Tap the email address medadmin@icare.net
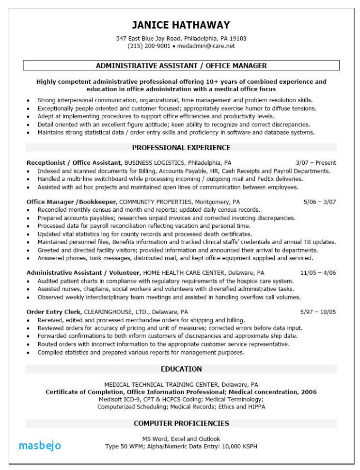coord(206,46)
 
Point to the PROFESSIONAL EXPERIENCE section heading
coord(181,147)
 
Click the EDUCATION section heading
coord(181,369)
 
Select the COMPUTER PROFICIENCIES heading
coord(181,423)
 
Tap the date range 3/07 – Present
coord(315,163)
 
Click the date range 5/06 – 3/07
coord(320,202)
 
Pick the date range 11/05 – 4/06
coord(318,273)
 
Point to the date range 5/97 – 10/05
coord(318,312)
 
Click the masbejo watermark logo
coord(40,445)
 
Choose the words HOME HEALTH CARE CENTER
coord(183,273)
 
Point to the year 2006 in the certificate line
coord(309,392)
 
